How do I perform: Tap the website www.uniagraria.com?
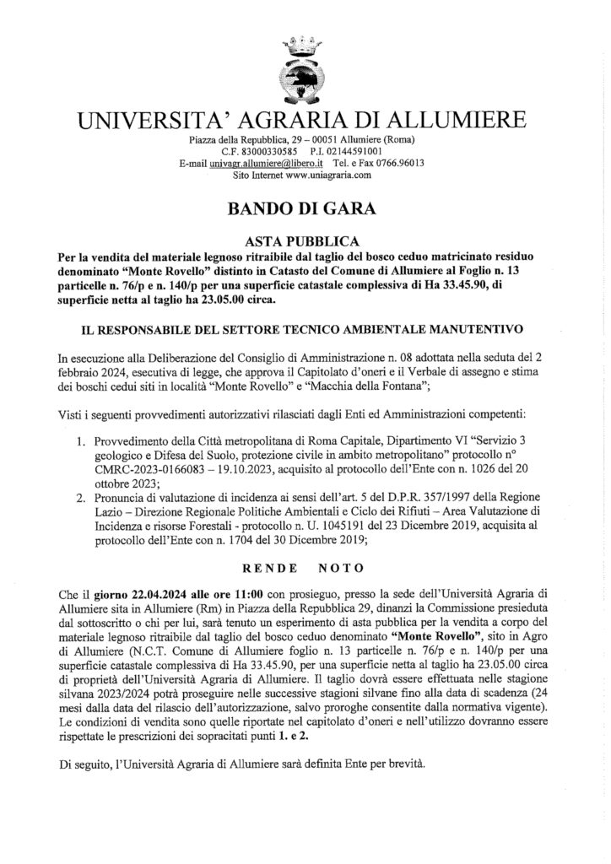click(x=328, y=175)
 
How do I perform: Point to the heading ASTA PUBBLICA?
click(x=305, y=240)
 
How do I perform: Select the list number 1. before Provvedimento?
click(x=82, y=440)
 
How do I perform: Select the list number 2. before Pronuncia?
click(x=82, y=498)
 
